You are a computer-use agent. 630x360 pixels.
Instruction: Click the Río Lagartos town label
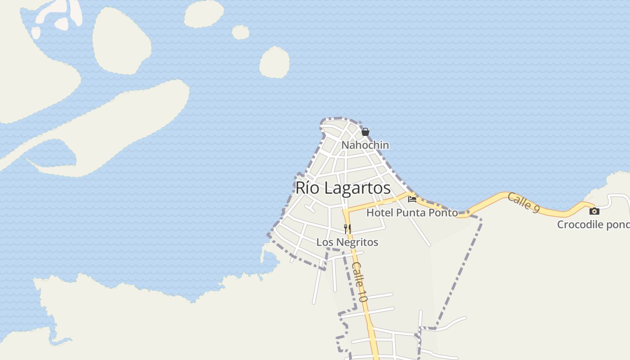343,188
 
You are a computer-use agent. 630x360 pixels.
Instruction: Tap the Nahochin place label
365,145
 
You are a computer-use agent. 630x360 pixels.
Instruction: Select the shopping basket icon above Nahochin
365,132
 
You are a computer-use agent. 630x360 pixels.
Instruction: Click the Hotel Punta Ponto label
412,213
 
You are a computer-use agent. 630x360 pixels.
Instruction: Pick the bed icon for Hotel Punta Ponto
412,199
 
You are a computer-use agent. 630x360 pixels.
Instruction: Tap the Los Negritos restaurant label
347,242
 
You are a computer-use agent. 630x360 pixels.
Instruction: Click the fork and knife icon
347,229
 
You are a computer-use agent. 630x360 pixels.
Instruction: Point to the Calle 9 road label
523,203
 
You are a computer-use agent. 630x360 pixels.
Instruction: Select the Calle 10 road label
360,282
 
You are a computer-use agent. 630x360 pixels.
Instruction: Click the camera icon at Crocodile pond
594,211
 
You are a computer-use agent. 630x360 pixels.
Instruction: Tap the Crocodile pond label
593,225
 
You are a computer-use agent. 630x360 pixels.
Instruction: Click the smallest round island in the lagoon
241,32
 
